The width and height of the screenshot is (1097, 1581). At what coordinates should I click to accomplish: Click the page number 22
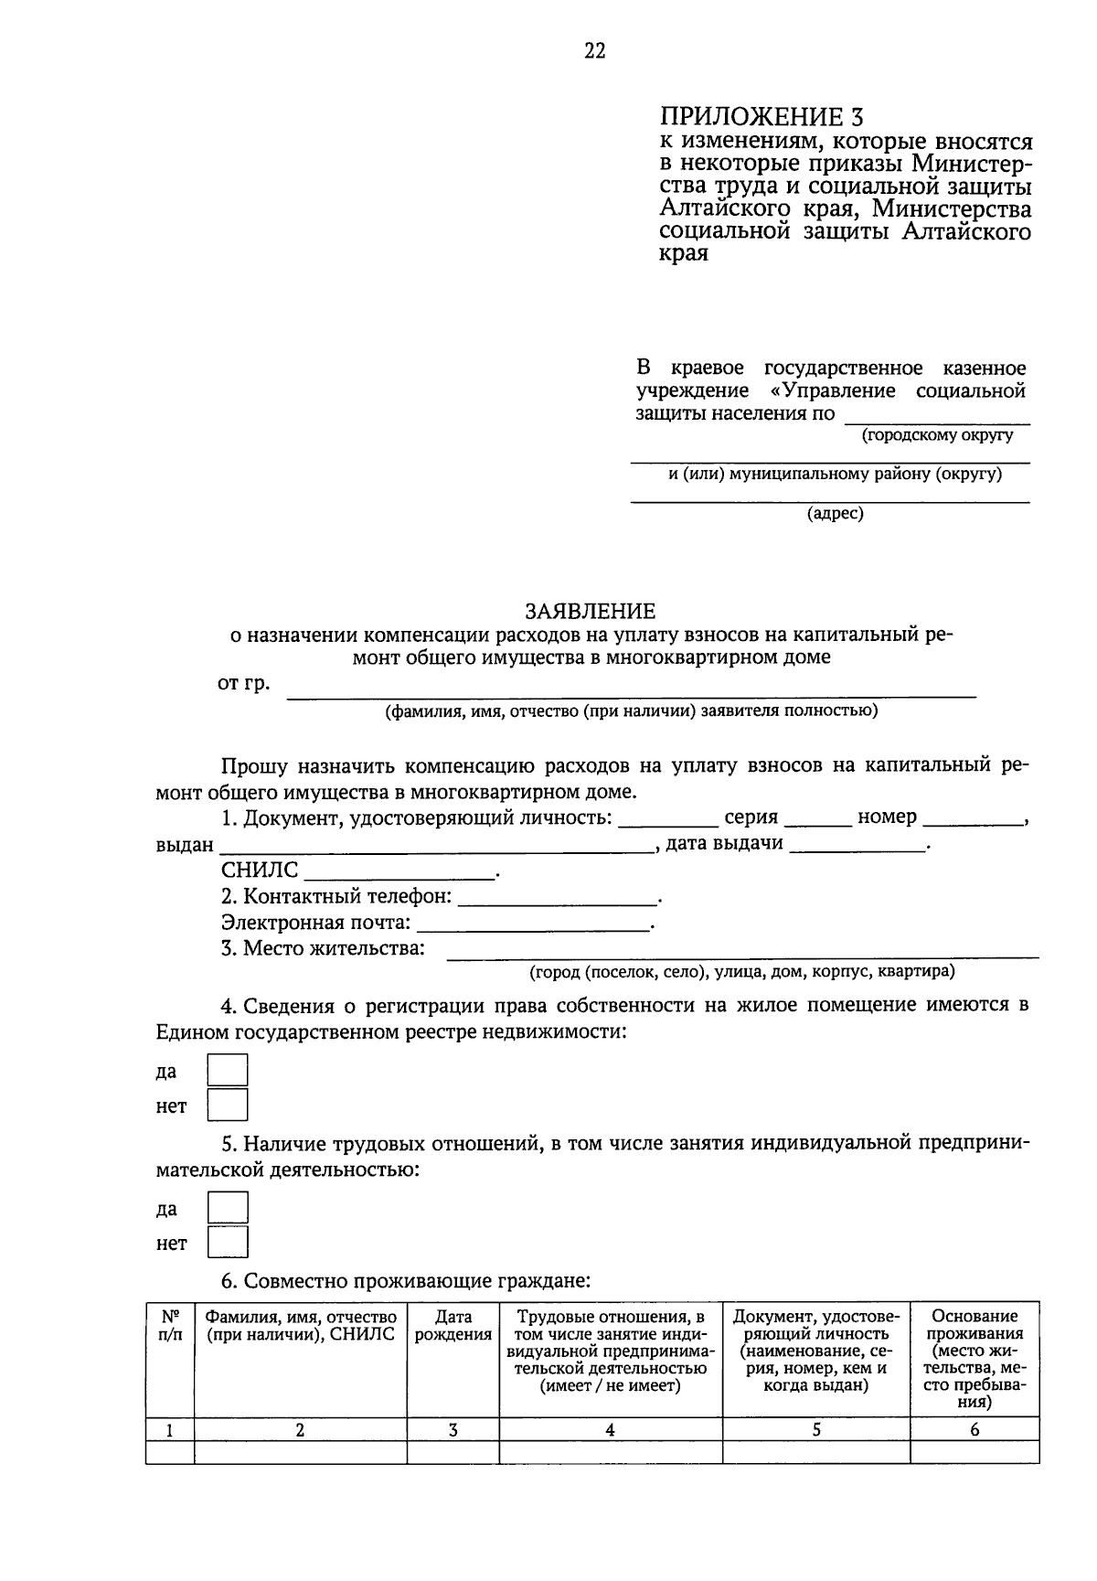coord(594,51)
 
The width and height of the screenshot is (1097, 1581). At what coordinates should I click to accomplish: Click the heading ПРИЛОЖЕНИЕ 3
coord(761,117)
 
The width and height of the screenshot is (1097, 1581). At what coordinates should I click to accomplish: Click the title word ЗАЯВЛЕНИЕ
coord(590,611)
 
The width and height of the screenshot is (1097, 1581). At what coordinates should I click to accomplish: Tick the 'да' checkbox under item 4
coord(228,1070)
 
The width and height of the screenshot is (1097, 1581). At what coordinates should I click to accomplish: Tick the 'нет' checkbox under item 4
coord(228,1105)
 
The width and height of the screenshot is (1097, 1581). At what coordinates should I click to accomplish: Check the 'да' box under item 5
coord(228,1207)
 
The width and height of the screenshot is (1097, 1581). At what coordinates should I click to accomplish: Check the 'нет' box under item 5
coord(228,1242)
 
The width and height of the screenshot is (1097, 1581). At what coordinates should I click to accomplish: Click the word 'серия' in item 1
coord(751,817)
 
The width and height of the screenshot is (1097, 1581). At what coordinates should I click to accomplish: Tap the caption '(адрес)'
coord(835,514)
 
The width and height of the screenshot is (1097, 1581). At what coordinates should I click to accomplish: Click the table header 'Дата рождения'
coord(453,1326)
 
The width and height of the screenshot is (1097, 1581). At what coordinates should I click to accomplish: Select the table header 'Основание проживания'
coord(975,1326)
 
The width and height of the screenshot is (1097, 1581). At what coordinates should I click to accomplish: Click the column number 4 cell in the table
coord(610,1430)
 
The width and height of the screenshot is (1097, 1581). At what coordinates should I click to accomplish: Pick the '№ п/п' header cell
coord(170,1326)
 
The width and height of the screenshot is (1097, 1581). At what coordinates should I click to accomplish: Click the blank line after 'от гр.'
coord(631,690)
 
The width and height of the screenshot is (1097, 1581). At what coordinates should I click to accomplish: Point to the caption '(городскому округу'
coord(937,435)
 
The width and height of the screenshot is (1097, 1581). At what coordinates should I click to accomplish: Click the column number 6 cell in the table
coord(975,1430)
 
